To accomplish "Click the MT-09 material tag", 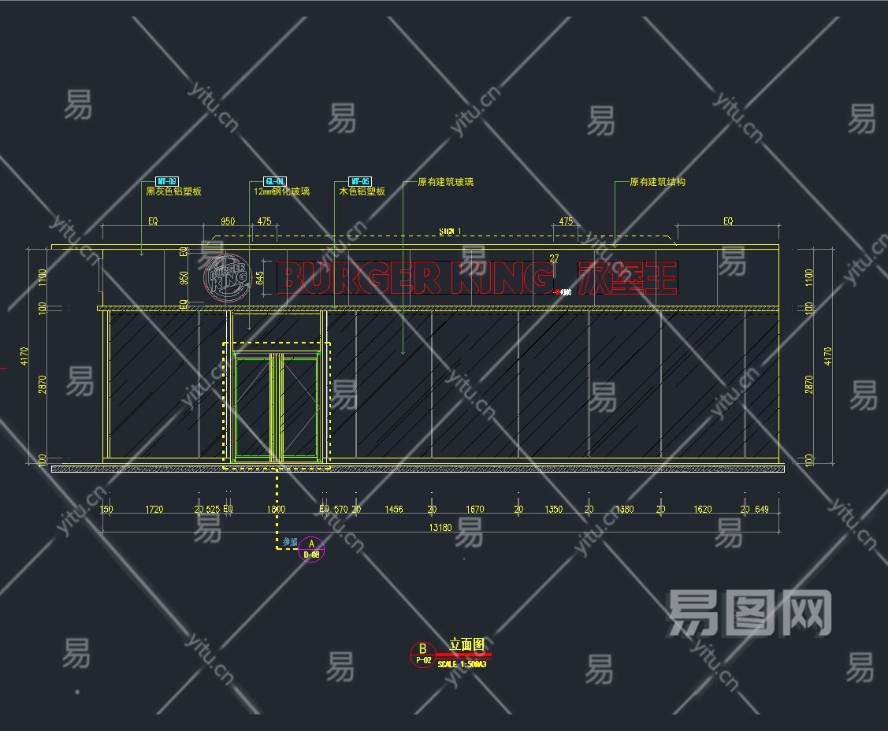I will [x=167, y=181].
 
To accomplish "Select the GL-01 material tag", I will [x=274, y=181].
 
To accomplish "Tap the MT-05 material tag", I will [x=360, y=181].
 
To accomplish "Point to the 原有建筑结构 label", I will [x=657, y=182].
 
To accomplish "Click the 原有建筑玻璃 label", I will [x=445, y=182].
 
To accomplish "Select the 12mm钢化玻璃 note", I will [x=281, y=191].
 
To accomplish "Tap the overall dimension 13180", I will [x=440, y=528].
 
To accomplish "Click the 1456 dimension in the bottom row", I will [x=393, y=510].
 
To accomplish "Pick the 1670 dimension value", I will [x=474, y=510].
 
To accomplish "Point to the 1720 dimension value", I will [x=154, y=510].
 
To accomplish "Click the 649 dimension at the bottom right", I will [x=761, y=510].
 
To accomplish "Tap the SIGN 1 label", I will [x=450, y=232].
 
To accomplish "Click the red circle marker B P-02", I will [x=423, y=655].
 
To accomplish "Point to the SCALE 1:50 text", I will [x=462, y=664].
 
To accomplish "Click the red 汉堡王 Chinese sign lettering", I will [x=626, y=277].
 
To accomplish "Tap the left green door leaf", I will [x=253, y=406].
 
